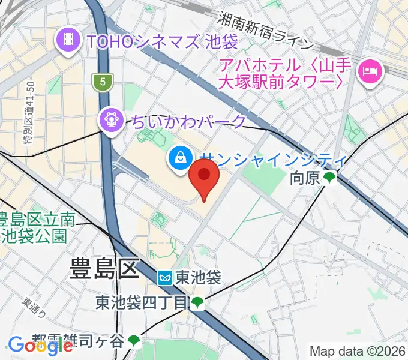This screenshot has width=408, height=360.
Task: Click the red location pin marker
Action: (204, 182)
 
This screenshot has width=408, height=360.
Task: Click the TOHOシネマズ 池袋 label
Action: (162, 42)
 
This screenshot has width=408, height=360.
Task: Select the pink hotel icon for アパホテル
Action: (368, 72)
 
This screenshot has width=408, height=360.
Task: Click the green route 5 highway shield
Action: (103, 80)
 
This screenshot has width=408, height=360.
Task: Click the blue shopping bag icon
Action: (180, 158)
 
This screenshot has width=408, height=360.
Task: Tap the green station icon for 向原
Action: (329, 178)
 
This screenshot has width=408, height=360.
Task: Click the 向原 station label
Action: (305, 178)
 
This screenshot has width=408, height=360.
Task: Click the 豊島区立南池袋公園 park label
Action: (37, 227)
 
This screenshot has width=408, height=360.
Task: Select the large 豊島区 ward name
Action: (104, 268)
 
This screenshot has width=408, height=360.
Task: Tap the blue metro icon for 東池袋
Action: (166, 278)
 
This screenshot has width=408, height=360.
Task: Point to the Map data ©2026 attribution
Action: (356, 351)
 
